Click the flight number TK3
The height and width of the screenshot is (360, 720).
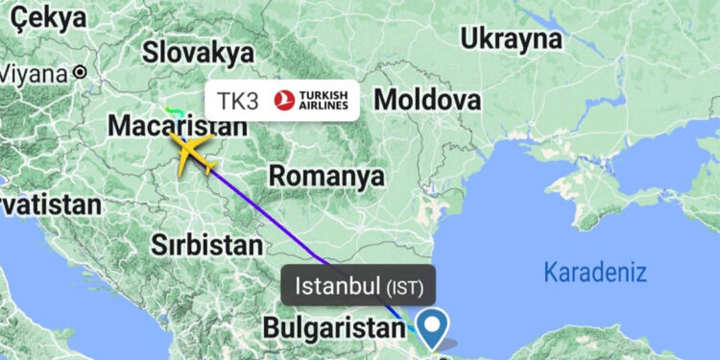pos(238,101)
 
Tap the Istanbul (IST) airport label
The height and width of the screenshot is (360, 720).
pos(359,285)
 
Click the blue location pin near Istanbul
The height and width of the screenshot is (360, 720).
pos(433,326)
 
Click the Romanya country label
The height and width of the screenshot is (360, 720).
pos(326,177)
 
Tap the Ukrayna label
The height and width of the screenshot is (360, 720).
pos(510,38)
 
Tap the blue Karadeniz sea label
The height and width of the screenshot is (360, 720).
pos(595,272)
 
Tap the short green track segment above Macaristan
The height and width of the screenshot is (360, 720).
pos(172,111)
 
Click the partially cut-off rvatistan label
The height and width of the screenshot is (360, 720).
pos(48,204)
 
